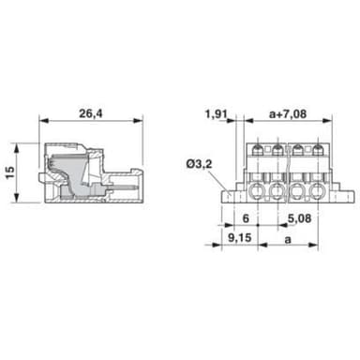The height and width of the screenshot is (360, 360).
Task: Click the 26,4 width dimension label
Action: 91,113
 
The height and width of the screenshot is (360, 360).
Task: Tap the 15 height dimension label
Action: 10,172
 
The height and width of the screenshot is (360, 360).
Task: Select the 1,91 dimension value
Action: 216,114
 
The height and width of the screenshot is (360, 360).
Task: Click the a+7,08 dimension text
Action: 288,114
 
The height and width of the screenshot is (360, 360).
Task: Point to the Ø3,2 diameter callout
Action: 200,164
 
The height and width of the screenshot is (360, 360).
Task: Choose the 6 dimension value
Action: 246,218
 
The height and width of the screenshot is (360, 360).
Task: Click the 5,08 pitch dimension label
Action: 300,218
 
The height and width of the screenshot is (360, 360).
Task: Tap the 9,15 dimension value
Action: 240,237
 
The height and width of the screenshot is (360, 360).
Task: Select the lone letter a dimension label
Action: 288,239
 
